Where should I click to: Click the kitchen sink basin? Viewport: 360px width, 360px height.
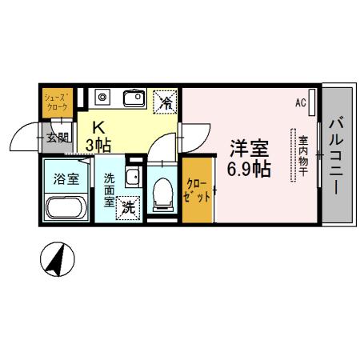(x=134, y=98)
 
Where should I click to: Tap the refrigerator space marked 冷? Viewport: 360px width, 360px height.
(x=166, y=101)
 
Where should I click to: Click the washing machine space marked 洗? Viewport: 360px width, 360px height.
(x=127, y=209)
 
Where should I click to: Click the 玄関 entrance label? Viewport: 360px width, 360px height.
(x=57, y=137)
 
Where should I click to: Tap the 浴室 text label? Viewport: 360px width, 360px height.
(x=66, y=178)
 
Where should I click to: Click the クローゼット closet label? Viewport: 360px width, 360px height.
(x=197, y=190)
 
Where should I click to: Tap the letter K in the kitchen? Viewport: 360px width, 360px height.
(x=100, y=126)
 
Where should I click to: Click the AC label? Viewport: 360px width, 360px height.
(x=301, y=102)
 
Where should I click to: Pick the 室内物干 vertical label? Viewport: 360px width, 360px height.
(x=303, y=156)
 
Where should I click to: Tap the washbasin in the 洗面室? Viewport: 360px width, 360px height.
(x=133, y=178)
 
